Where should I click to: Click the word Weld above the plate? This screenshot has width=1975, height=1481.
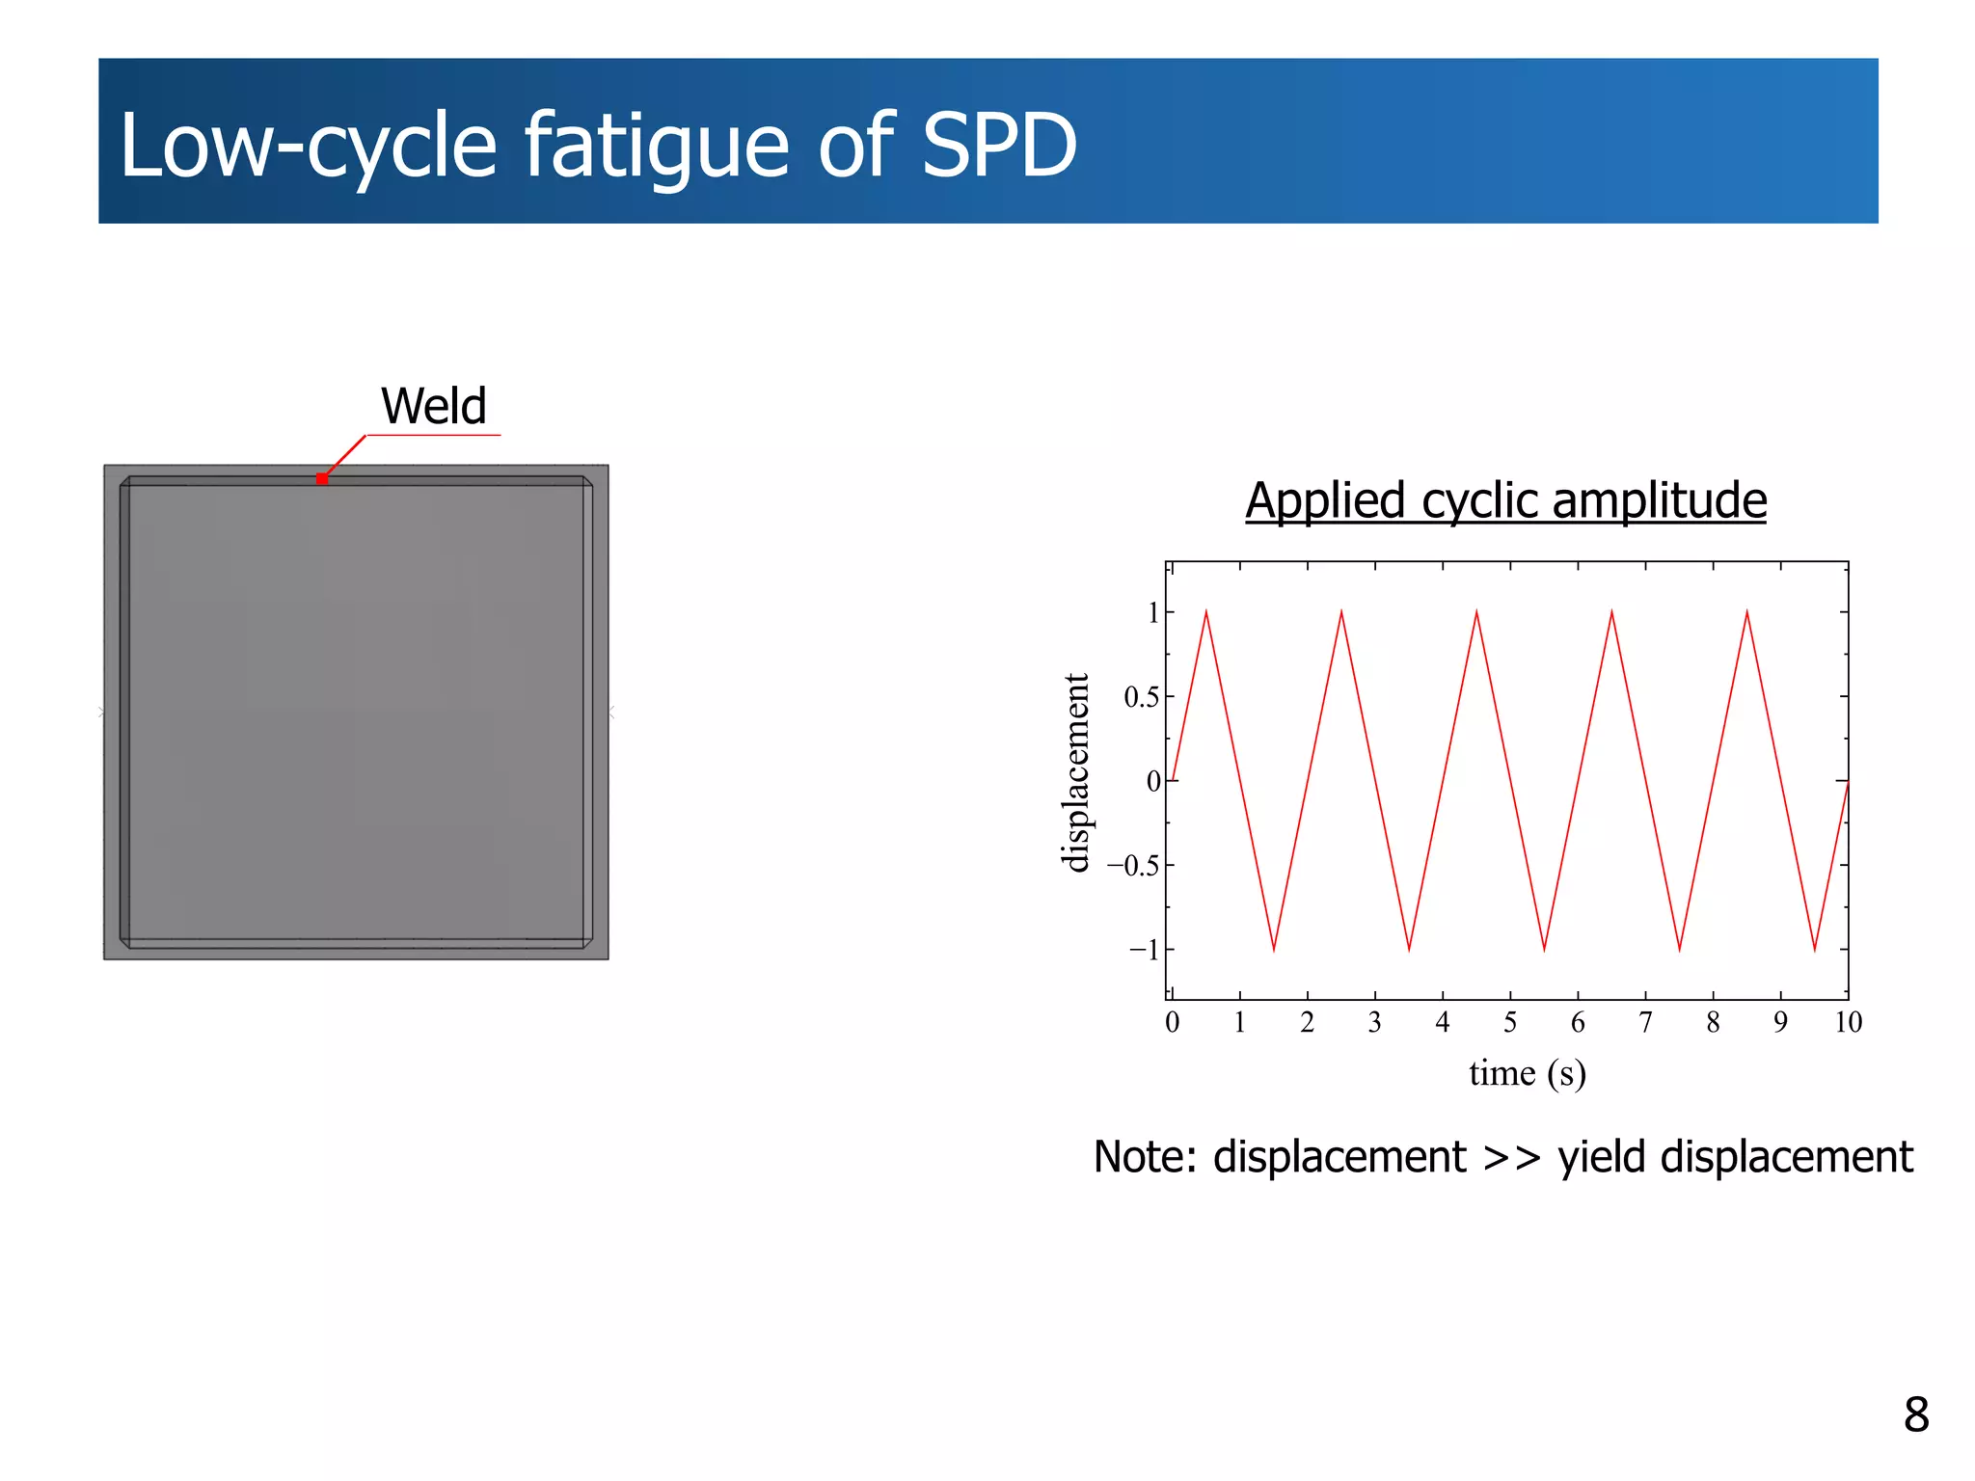coord(433,406)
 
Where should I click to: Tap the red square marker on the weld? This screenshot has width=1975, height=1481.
coord(322,478)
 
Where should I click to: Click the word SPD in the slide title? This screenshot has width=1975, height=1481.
coord(998,146)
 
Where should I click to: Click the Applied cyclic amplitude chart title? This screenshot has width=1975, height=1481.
coord(1505,500)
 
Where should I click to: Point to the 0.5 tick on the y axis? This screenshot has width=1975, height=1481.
coord(1141,697)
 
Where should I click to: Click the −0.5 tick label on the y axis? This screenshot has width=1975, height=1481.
coord(1133,866)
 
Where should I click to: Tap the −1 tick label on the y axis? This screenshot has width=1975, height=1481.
coord(1145,950)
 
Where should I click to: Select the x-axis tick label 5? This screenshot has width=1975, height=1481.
coord(1510,1022)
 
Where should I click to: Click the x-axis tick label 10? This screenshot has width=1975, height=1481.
coord(1848,1022)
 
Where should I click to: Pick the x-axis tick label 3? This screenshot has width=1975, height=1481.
coord(1374,1022)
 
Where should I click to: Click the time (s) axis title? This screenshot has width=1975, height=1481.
coord(1528,1073)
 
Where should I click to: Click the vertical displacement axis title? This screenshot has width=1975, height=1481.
coord(1075,773)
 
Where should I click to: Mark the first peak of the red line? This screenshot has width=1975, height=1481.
coord(1206,612)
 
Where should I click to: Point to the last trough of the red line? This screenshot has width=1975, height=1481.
coord(1815,950)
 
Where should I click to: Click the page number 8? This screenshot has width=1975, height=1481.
coord(1915,1414)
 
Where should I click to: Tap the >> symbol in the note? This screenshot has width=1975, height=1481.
coord(1511,1157)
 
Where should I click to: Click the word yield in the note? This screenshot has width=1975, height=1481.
coord(1602,1157)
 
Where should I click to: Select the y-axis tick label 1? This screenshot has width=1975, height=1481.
coord(1153,612)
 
